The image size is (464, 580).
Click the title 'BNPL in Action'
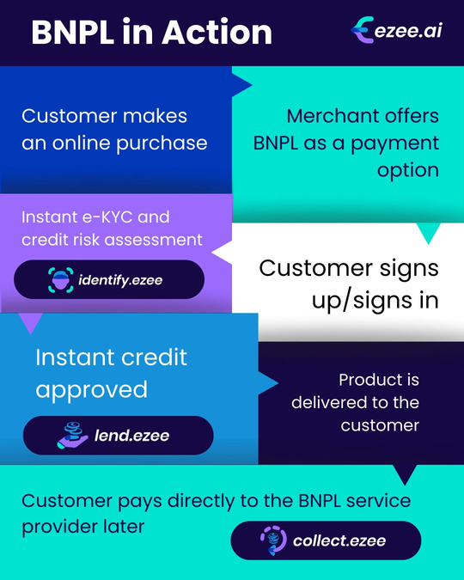coord(152,32)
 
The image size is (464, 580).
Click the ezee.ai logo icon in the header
coord(362,29)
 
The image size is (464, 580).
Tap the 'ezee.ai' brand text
coord(408,30)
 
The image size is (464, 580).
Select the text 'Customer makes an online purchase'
coord(114,130)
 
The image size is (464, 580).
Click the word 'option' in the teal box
coord(408,171)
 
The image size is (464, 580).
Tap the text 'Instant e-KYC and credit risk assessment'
coord(112,229)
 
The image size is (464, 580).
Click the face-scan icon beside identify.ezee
coord(61,280)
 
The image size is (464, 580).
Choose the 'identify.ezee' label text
coord(120,280)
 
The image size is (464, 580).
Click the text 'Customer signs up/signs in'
coord(349,284)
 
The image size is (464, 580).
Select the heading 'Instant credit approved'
coord(112,373)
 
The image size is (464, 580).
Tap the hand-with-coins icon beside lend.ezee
coord(72,436)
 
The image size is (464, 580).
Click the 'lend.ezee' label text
coord(131,436)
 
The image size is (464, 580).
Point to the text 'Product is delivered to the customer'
coord(355,402)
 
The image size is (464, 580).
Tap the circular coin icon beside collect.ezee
coord(273,540)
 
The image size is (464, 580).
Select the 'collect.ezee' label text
coord(339,540)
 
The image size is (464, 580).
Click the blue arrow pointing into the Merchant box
coord(241,85)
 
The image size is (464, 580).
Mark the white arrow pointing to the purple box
coord(222,253)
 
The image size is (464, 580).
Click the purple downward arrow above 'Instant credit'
coord(31,323)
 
